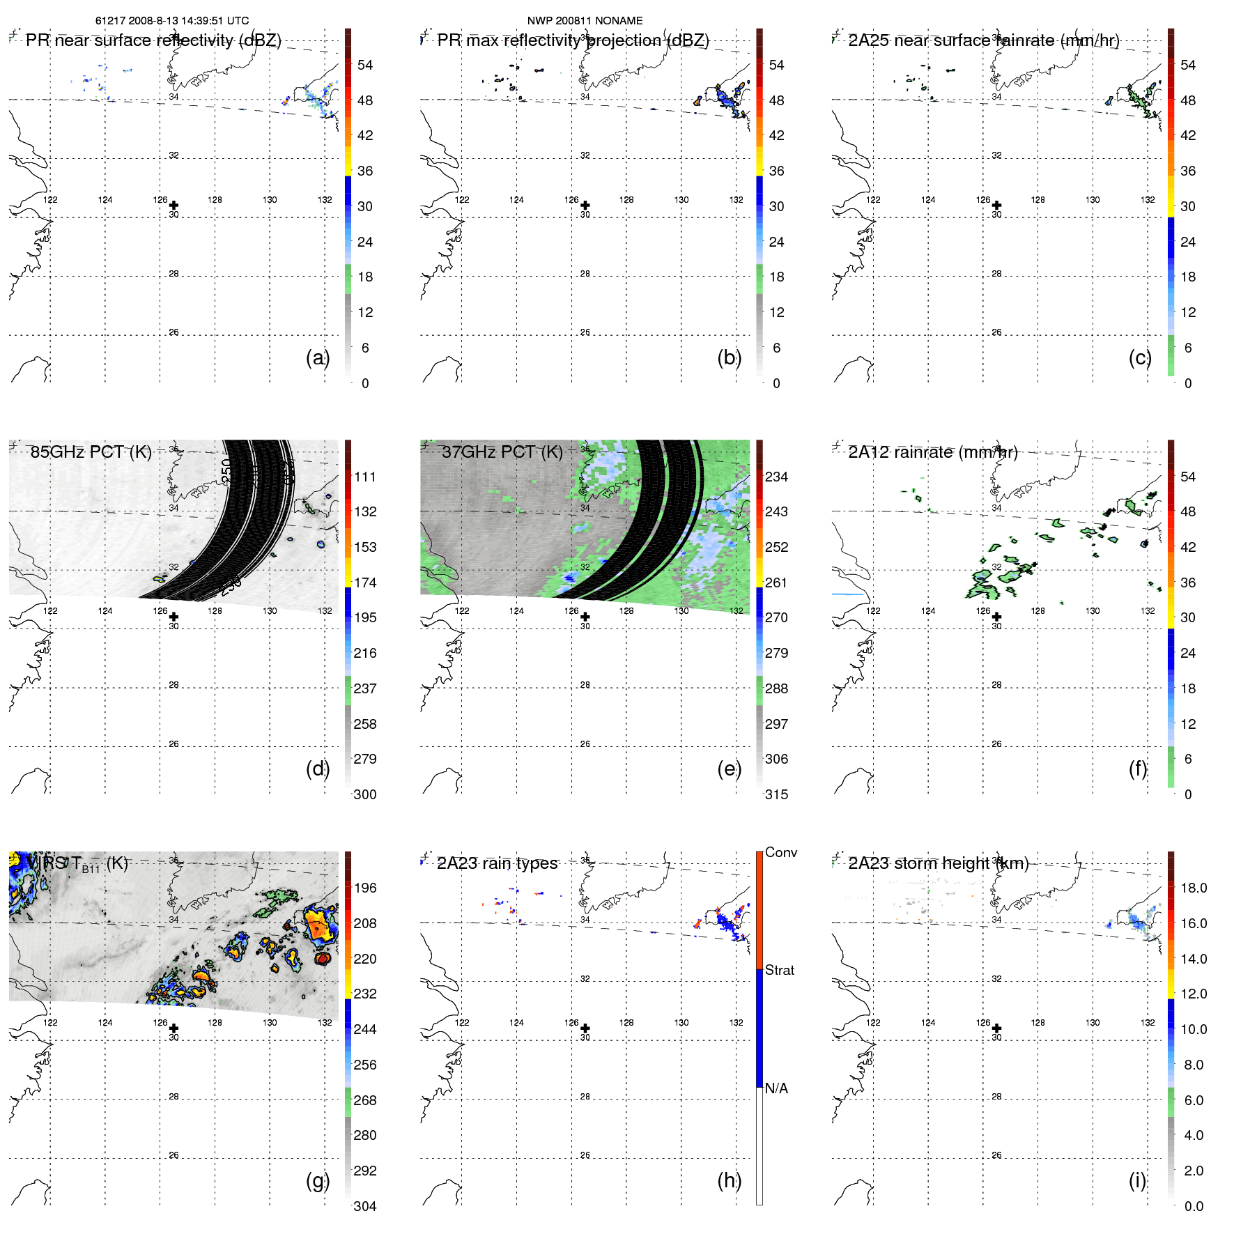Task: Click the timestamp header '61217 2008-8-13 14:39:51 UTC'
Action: (x=171, y=21)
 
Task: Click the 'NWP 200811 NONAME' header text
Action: (x=585, y=21)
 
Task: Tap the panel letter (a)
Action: (x=317, y=357)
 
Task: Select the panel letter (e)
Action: (x=729, y=769)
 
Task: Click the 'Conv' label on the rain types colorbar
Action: (x=780, y=852)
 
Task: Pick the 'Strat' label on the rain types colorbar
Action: (x=779, y=970)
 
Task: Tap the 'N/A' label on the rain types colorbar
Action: (x=776, y=1088)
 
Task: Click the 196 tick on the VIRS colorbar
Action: (x=364, y=888)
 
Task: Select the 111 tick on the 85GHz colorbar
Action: (x=364, y=477)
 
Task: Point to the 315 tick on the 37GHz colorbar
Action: (x=776, y=794)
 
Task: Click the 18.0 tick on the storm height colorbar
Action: (x=1193, y=888)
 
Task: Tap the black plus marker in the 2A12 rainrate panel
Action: (x=996, y=617)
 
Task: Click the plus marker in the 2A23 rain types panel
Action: (x=585, y=1028)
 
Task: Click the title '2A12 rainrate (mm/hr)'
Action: (x=932, y=452)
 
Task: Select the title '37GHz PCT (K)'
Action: (x=502, y=452)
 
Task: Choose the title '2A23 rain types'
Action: (x=497, y=863)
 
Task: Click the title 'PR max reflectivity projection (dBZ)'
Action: (x=573, y=40)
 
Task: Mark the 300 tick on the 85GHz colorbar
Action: (x=364, y=794)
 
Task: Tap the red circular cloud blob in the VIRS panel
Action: (x=322, y=959)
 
